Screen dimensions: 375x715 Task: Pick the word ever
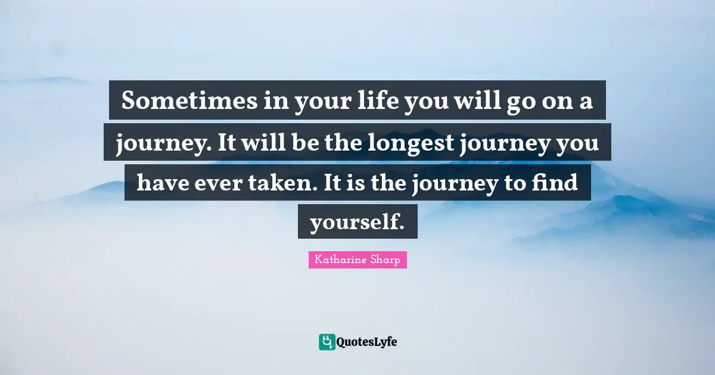tap(221, 183)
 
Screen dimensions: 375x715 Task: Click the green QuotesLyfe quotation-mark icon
tap(327, 342)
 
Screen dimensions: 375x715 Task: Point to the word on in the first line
tap(555, 102)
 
